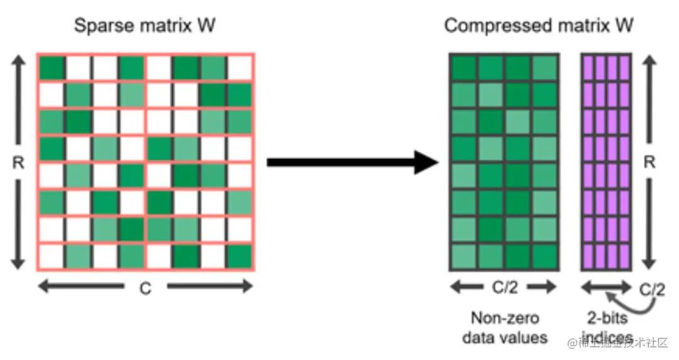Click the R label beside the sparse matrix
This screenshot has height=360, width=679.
click(x=18, y=162)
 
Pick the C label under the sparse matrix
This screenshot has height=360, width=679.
click(x=145, y=288)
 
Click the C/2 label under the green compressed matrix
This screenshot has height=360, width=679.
click(x=504, y=288)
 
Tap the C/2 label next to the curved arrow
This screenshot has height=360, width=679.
click(x=651, y=290)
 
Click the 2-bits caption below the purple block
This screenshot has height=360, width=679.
click(x=607, y=318)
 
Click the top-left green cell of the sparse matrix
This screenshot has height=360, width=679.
click(x=51, y=68)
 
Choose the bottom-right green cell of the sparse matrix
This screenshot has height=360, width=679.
click(x=239, y=256)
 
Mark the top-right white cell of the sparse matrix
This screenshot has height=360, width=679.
click(x=239, y=68)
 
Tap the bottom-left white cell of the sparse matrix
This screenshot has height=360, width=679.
click(x=51, y=256)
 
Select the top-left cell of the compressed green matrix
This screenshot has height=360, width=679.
click(x=463, y=68)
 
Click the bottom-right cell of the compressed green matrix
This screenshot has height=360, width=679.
click(x=545, y=256)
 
